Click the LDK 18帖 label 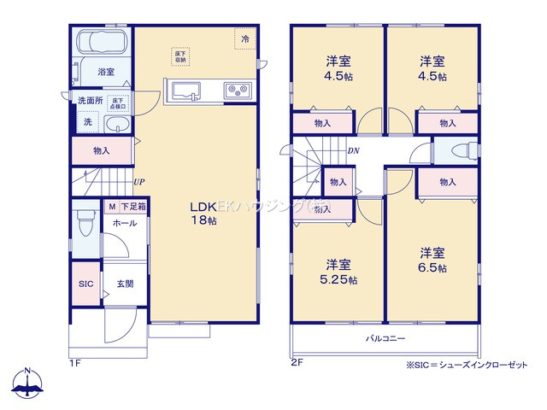coord(203,212)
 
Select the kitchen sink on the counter coord(185,90)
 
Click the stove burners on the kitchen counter coord(236,90)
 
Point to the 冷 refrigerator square coord(245,38)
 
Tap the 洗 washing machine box coord(87,123)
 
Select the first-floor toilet coord(84,225)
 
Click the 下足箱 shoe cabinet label coord(132,207)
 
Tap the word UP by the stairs coord(138,182)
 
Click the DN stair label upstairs coord(353,152)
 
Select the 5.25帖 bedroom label coord(339,272)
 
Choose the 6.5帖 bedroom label coord(433,260)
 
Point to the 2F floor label coord(297,362)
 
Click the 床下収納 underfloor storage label coord(180,56)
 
